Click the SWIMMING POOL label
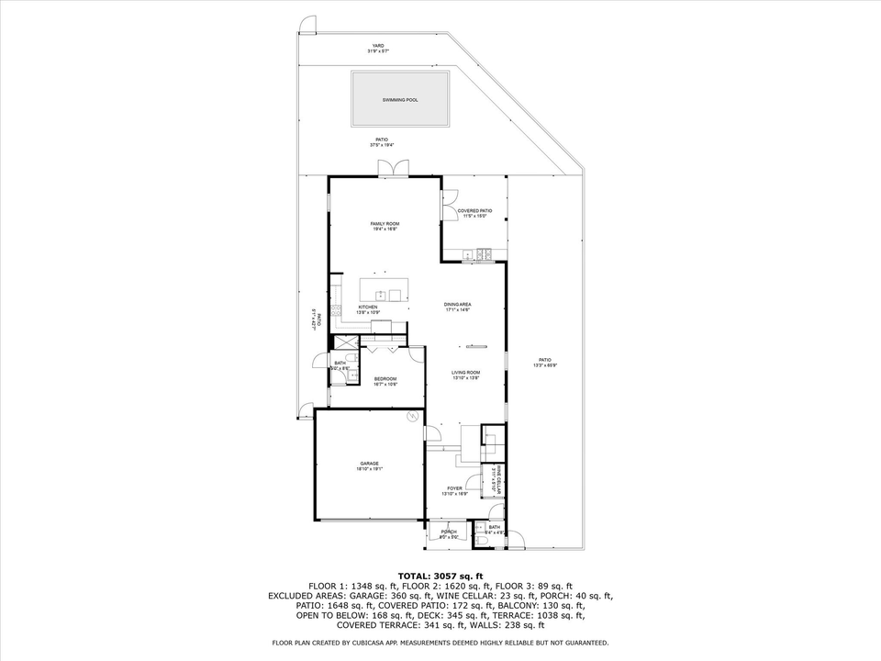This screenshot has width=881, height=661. click(x=400, y=99)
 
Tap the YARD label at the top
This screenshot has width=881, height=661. click(x=377, y=45)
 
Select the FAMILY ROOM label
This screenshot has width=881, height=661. click(x=385, y=224)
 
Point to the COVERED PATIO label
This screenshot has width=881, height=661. click(x=474, y=211)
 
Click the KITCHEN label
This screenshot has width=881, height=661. click(x=368, y=308)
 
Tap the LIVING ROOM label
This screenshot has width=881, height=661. click(x=465, y=373)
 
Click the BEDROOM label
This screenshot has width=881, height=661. click(x=385, y=379)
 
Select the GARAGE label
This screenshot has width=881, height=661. click(x=369, y=464)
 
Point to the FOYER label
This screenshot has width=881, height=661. click(x=454, y=488)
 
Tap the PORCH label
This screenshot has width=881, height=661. click(x=449, y=532)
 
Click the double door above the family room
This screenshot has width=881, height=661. click(x=393, y=168)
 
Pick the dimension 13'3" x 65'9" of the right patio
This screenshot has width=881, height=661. click(x=545, y=364)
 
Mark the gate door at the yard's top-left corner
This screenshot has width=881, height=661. click(x=309, y=26)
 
